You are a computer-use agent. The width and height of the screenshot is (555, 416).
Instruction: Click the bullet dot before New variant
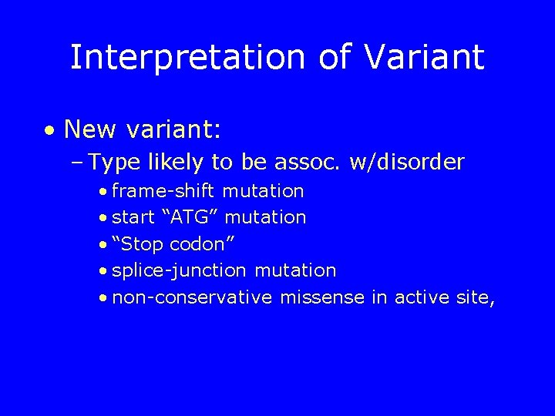[49, 130]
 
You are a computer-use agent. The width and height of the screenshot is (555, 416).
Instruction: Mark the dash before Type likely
[82, 163]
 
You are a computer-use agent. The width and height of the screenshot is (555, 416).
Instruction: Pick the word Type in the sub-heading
[113, 163]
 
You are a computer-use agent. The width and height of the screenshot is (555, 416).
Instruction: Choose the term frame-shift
[164, 191]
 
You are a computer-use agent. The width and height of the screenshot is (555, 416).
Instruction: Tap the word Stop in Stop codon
[141, 244]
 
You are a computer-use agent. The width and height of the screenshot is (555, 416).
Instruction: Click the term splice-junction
[180, 271]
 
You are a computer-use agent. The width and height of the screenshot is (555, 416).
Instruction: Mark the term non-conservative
[193, 298]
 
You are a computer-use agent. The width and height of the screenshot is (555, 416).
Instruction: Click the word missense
[321, 298]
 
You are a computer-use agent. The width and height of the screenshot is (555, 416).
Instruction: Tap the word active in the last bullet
[419, 298]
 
